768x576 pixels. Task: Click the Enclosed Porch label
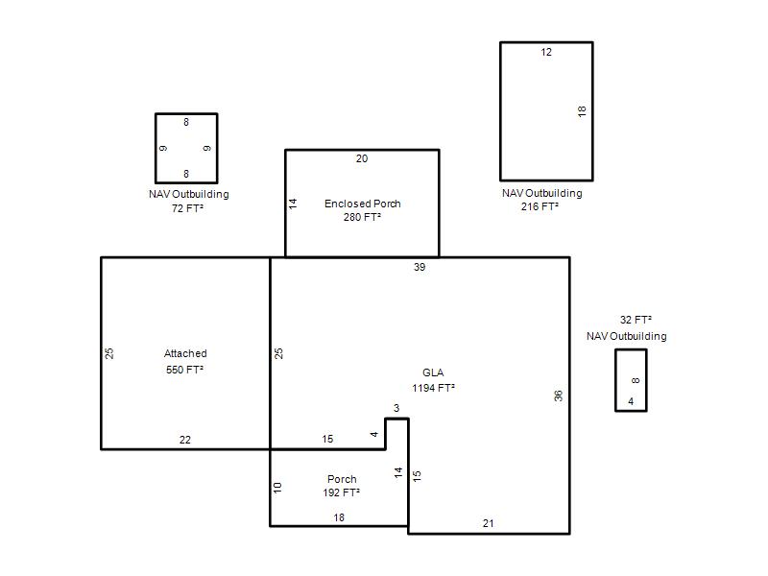[x=363, y=204]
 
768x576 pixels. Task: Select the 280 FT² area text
[x=362, y=217]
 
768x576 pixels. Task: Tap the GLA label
[x=433, y=372]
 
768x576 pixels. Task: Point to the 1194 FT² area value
[x=433, y=388]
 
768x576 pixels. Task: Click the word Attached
[x=185, y=353]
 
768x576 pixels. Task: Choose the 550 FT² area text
[x=184, y=370]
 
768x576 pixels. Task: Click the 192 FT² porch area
[x=341, y=492]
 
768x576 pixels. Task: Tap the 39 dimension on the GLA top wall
[x=420, y=267]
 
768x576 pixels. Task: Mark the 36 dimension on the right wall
[x=559, y=396]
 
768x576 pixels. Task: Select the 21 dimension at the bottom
[x=488, y=523]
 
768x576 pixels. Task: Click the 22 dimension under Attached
[x=184, y=440]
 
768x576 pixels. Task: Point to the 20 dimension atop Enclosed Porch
[x=362, y=158]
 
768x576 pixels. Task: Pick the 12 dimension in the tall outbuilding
[x=546, y=52]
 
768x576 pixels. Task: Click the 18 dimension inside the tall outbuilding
[x=582, y=111]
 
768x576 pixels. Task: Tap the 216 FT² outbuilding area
[x=540, y=206]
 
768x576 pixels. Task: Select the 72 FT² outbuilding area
[x=187, y=208]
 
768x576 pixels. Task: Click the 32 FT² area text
[x=636, y=320]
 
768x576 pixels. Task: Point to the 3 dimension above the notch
[x=396, y=408]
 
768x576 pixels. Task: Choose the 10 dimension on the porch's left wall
[x=277, y=488]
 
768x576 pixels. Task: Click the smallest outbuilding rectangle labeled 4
[x=615, y=380]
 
